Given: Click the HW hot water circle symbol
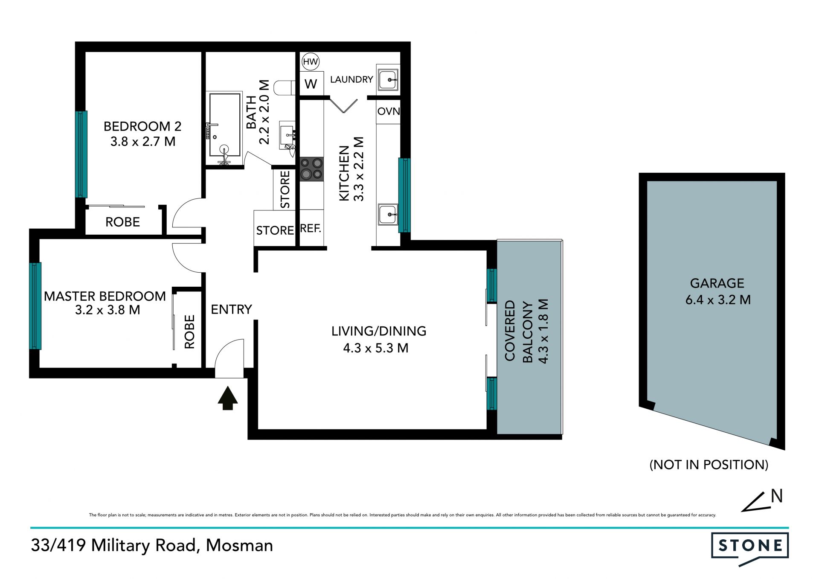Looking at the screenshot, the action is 311,62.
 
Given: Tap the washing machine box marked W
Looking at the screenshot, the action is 311,84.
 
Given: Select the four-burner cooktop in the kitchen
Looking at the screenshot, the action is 311,169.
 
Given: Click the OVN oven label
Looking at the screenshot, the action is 389,111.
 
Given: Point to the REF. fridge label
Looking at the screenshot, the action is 311,228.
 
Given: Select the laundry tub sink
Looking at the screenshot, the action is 388,79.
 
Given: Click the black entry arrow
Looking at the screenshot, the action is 228,398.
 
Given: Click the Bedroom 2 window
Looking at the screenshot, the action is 81,154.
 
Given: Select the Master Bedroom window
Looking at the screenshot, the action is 35,306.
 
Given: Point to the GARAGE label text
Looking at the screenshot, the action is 717,283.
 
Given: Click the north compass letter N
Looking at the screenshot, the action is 777,496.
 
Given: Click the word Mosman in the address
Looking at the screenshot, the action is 239,545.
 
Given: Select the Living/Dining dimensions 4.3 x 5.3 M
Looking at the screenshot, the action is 376,348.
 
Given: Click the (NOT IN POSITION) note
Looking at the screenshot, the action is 709,465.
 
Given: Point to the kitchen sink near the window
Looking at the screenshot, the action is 388,214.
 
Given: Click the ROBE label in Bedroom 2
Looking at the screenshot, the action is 123,222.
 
